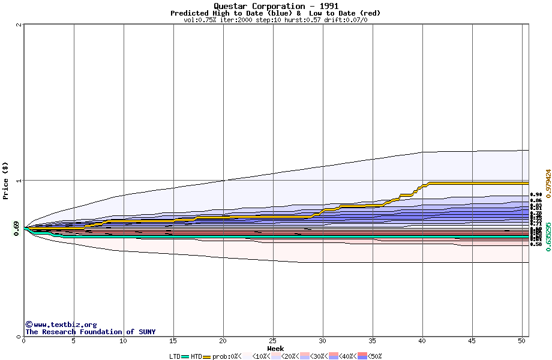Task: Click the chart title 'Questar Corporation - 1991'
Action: click(275, 6)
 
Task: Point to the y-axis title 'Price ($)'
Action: click(5, 181)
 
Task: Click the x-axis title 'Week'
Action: click(275, 348)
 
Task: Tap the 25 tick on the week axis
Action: click(273, 341)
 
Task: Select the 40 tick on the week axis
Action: click(422, 341)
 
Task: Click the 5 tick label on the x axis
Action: click(74, 341)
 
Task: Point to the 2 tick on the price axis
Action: click(20, 25)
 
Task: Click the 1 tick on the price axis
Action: click(20, 181)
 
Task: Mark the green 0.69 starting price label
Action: click(16, 229)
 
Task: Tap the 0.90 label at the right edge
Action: click(536, 195)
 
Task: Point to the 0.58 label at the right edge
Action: click(536, 244)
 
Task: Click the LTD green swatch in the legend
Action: click(185, 356)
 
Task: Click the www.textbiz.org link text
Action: click(65, 325)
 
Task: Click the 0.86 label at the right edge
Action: click(536, 200)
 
